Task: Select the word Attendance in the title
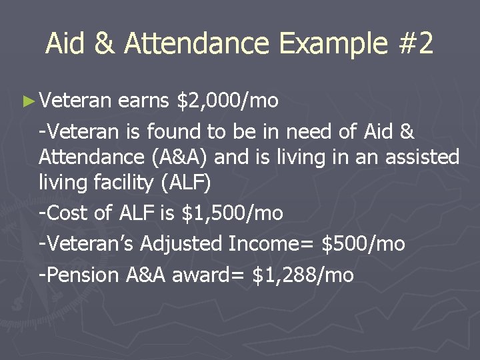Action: (x=196, y=44)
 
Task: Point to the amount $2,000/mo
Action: (x=227, y=101)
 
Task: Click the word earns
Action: (x=145, y=101)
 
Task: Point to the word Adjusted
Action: (x=181, y=244)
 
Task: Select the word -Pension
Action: (x=79, y=275)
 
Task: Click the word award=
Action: (x=210, y=275)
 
